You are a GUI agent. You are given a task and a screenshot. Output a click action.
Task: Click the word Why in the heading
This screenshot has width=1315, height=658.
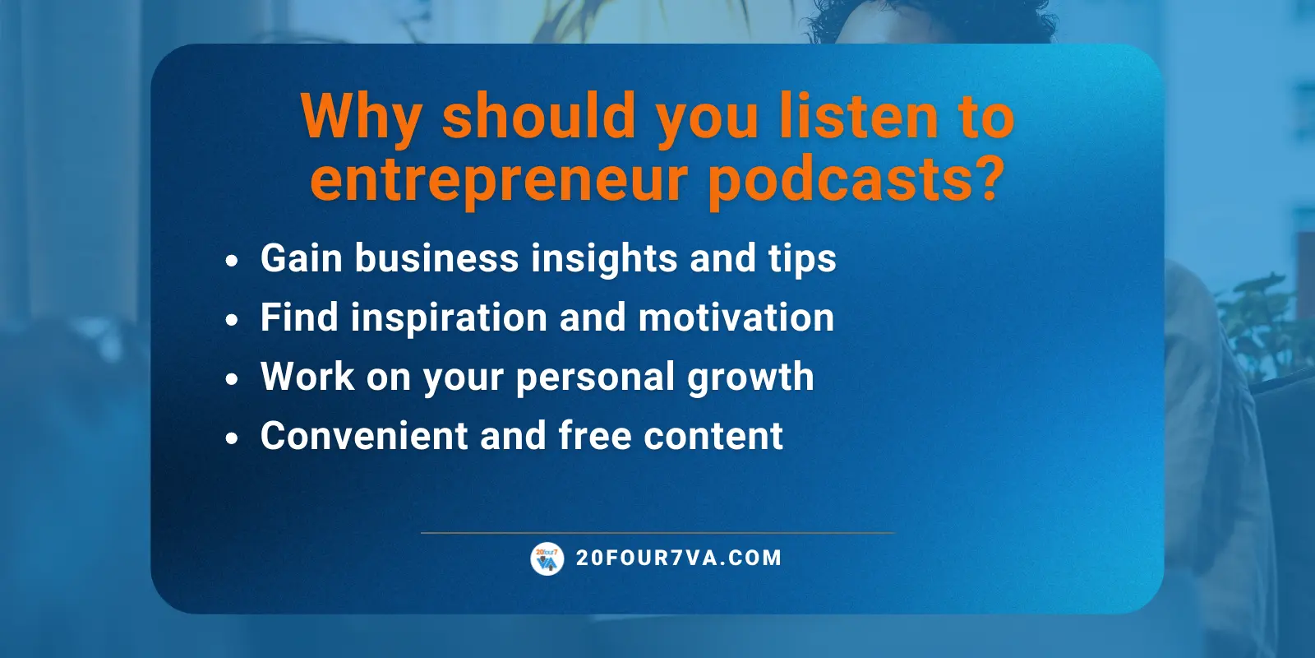(361, 116)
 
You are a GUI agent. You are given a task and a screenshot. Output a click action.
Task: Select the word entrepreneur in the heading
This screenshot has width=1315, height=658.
(498, 180)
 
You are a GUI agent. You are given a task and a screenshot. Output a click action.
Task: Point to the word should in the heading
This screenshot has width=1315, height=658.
(539, 116)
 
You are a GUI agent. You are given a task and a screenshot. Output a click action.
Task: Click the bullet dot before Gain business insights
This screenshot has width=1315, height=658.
(232, 261)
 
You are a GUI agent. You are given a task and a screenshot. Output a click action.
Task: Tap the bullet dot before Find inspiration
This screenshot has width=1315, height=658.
(232, 320)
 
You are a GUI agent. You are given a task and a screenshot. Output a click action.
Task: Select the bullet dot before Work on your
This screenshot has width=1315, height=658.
(232, 379)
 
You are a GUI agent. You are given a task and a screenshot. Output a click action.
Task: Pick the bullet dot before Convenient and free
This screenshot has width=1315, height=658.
(232, 438)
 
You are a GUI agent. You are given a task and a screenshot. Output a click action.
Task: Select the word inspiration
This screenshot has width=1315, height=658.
(449, 317)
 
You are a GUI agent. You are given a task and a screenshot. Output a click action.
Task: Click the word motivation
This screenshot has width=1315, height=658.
(736, 317)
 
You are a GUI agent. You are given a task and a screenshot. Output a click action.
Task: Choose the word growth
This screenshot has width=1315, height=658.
(750, 377)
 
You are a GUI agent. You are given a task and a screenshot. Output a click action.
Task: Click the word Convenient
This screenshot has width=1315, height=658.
(363, 436)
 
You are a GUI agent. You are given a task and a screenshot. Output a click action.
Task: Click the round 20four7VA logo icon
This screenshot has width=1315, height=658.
(547, 558)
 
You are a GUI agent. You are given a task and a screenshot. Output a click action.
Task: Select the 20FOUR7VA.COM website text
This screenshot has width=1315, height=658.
(679, 558)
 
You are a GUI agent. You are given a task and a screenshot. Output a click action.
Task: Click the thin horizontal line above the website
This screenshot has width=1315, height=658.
(657, 533)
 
